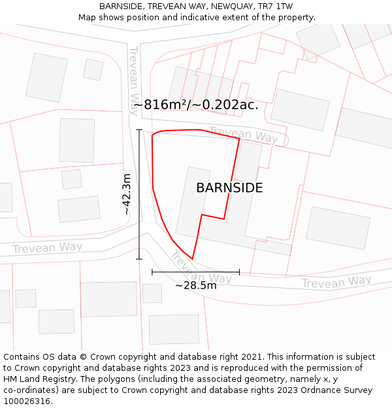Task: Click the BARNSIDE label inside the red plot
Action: pyautogui.click(x=229, y=188)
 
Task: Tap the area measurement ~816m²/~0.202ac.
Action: pyautogui.click(x=196, y=104)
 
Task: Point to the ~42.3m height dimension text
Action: pyautogui.click(x=127, y=194)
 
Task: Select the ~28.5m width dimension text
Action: pyautogui.click(x=195, y=285)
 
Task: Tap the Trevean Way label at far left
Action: pyautogui.click(x=47, y=248)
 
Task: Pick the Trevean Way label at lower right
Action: pyautogui.click(x=336, y=282)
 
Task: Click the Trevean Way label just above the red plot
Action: pyautogui.click(x=243, y=134)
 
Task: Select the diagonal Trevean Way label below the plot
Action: pyautogui.click(x=200, y=268)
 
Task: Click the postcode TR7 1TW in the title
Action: pyautogui.click(x=274, y=7)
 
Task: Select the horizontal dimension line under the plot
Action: pyautogui.click(x=195, y=272)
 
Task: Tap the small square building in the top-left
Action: pyautogui.click(x=93, y=70)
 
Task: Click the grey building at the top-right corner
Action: pyautogui.click(x=318, y=39)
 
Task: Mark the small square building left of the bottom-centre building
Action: pyautogui.click(x=152, y=293)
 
